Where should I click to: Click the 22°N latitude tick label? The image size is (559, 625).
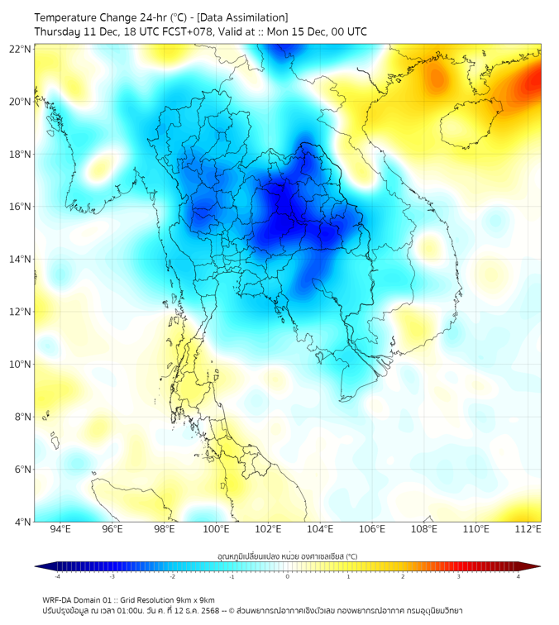click(x=21, y=50)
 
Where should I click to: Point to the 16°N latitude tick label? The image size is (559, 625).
click(x=21, y=207)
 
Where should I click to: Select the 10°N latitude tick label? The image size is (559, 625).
click(x=21, y=365)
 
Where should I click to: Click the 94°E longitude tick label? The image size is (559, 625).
click(x=60, y=529)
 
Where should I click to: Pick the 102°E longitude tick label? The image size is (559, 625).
click(x=268, y=529)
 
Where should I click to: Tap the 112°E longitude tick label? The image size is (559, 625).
click(x=528, y=529)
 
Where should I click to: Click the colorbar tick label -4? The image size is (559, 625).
click(x=57, y=576)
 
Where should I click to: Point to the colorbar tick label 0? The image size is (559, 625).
click(x=288, y=576)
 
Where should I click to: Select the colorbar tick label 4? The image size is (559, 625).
click(x=518, y=576)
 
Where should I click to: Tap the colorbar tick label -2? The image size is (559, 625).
click(x=172, y=576)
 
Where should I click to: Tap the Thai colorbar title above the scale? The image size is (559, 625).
click(x=288, y=556)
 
